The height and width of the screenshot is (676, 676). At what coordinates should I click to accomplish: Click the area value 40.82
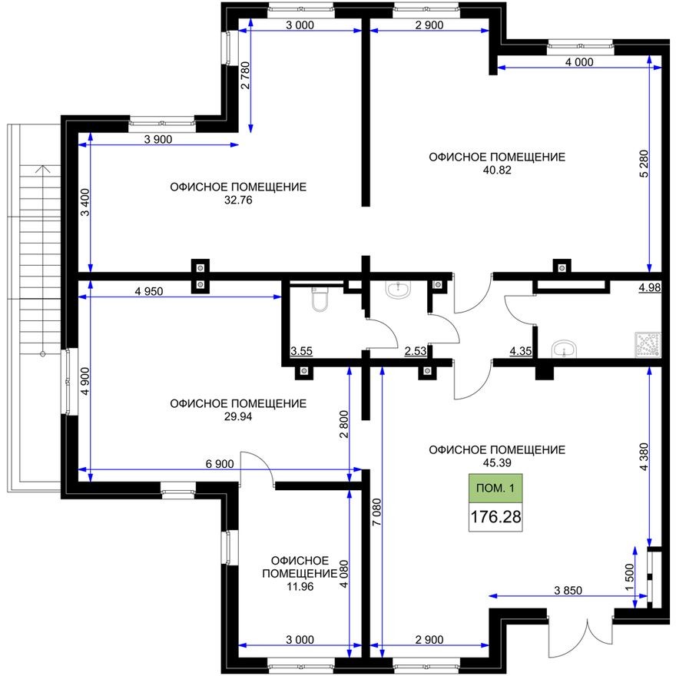coord(496,171)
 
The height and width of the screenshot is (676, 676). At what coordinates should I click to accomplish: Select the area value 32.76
coord(238,200)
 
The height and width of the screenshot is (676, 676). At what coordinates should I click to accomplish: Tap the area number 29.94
coord(238,417)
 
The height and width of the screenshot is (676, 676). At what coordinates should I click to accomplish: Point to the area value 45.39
coord(497,463)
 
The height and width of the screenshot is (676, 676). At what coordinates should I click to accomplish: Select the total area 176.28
coord(495,517)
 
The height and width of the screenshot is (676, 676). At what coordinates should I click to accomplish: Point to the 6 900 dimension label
coord(219,465)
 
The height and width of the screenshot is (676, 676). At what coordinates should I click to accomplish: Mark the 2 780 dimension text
coord(245,77)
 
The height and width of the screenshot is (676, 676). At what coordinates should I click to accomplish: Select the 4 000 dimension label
coord(578,63)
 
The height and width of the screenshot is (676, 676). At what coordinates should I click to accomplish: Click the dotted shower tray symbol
coord(647,345)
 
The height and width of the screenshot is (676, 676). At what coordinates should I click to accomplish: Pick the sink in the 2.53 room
coord(397,290)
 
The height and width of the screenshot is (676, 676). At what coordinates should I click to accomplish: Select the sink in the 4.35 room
coord(565,349)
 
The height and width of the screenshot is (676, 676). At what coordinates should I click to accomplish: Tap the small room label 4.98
coord(650,287)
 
